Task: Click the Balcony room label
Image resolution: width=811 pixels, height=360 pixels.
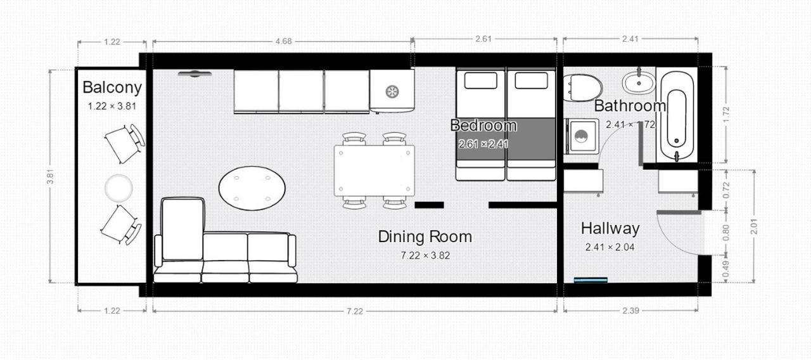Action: coord(112,87)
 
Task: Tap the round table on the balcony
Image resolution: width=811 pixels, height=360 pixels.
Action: coord(118,188)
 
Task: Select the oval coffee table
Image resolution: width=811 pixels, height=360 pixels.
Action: coord(252,188)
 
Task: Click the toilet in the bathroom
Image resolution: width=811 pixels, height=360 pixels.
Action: coord(582,87)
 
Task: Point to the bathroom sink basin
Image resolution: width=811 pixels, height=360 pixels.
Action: coord(639,82)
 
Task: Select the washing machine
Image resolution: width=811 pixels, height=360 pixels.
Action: coord(581,136)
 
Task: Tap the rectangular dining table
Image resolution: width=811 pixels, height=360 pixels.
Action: coord(374,170)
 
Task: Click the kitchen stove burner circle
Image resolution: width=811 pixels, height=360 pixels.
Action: coord(392,91)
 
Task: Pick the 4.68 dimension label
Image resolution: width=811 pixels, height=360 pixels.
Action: coord(283,41)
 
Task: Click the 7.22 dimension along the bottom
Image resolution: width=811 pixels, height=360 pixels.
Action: coord(354,311)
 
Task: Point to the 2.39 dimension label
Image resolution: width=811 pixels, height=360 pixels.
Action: coord(630,311)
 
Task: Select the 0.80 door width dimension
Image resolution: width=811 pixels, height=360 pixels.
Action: coord(725,233)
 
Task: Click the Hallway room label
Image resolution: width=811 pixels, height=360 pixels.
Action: coord(610,229)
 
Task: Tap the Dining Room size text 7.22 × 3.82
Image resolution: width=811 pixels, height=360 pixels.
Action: coord(425,255)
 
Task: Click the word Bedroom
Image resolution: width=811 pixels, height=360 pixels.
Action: coord(483,125)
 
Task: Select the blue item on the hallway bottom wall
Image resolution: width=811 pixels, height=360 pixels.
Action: coord(591,280)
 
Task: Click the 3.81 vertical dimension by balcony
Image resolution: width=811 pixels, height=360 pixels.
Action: coord(50,176)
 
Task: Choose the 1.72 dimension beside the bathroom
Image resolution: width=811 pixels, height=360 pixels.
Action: coord(726,115)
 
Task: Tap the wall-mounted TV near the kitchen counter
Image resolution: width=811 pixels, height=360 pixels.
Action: coord(195,74)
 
